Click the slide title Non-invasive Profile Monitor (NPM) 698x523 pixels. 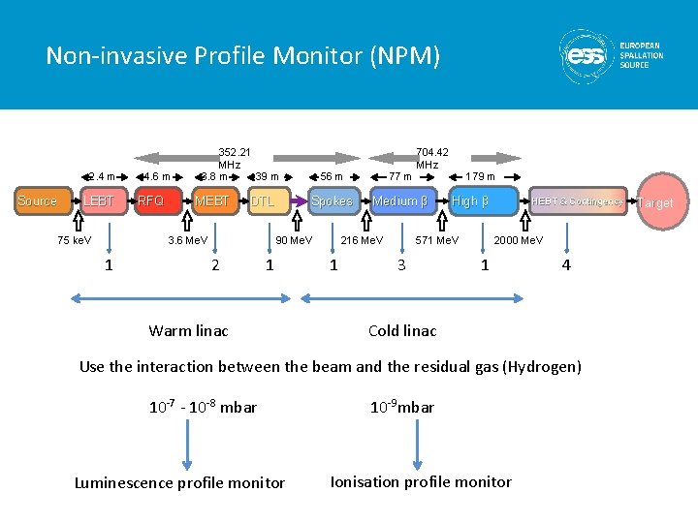click(x=242, y=56)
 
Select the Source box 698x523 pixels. click(x=38, y=201)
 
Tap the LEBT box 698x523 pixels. click(x=99, y=201)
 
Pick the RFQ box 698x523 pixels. click(x=151, y=201)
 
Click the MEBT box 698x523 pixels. click(x=212, y=201)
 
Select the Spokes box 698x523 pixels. click(x=332, y=201)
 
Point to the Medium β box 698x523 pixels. click(x=399, y=201)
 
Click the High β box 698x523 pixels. click(x=470, y=201)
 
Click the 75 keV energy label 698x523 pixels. click(x=75, y=240)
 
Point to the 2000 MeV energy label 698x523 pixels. click(x=519, y=240)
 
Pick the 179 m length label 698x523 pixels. click(x=480, y=176)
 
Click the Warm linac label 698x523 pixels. click(x=188, y=331)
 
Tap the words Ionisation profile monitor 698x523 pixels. click(x=421, y=481)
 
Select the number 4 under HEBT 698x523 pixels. click(x=566, y=264)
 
